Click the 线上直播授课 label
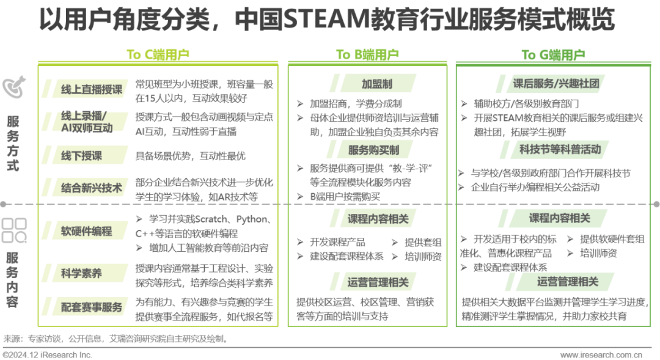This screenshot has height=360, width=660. point(90,89)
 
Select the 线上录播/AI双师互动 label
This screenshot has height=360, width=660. point(86,123)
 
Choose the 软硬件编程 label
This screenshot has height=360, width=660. point(86,231)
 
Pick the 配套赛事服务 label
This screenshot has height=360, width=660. point(90,307)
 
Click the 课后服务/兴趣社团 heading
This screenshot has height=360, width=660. point(555,83)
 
